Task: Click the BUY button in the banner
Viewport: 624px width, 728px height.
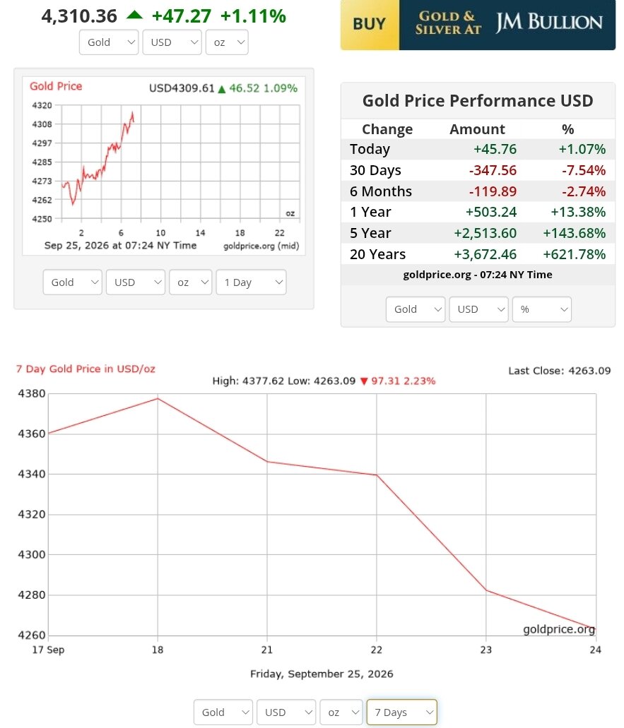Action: [370, 25]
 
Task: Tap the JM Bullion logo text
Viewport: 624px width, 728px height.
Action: [548, 23]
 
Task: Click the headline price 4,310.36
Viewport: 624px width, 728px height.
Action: [79, 16]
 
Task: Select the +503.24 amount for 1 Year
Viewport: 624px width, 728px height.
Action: [491, 212]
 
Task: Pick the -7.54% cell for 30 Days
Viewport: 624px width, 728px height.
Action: [584, 170]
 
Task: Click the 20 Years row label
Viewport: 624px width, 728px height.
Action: [378, 254]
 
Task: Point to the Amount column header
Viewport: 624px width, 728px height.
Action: [477, 129]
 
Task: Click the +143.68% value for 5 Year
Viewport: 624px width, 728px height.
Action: [575, 233]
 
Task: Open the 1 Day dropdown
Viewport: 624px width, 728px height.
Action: [252, 282]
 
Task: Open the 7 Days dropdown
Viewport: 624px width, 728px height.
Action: [402, 712]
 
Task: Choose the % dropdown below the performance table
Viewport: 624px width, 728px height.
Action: [542, 309]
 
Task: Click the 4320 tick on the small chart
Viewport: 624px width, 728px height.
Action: [42, 105]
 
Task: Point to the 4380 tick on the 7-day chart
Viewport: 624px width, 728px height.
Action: [32, 394]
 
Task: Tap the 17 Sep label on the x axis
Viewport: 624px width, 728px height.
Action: [48, 650]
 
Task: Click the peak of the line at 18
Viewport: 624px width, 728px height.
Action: [158, 398]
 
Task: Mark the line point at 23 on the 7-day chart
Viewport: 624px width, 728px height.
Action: [486, 590]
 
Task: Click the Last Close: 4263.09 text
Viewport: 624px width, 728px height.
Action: [560, 371]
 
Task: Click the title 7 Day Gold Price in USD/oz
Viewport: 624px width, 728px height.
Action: [86, 369]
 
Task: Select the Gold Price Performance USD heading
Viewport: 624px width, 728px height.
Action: [478, 101]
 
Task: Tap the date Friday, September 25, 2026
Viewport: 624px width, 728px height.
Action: [322, 674]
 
